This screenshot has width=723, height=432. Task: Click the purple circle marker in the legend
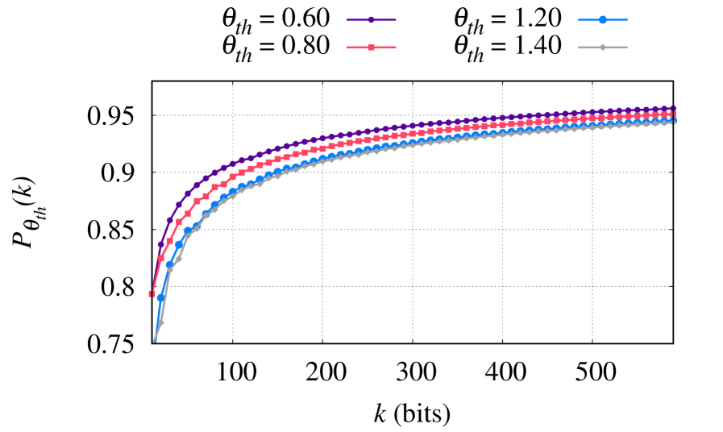[371, 20]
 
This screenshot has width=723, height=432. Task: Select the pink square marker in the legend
[371, 48]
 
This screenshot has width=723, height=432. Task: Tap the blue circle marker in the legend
[602, 19]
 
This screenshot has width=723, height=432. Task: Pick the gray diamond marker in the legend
[602, 48]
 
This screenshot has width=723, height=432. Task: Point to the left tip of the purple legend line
[347, 20]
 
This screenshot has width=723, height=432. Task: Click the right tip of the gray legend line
[627, 48]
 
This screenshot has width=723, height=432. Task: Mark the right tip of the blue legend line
[627, 19]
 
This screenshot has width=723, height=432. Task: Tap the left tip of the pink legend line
[347, 48]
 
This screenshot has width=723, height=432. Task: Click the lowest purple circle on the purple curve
[160, 244]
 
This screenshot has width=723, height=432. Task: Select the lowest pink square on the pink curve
[160, 258]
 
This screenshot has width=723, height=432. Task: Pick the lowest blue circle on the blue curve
[160, 297]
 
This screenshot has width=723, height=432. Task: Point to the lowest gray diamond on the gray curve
[161, 322]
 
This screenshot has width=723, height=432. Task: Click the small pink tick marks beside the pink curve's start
[151, 294]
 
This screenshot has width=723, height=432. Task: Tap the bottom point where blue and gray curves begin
[154, 342]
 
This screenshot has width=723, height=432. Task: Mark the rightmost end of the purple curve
[675, 108]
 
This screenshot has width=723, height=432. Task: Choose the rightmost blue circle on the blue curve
[674, 121]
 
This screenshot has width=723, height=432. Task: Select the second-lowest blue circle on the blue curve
[169, 264]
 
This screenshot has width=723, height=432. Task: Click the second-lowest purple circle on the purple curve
[169, 220]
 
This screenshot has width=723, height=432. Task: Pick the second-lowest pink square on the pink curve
[169, 241]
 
